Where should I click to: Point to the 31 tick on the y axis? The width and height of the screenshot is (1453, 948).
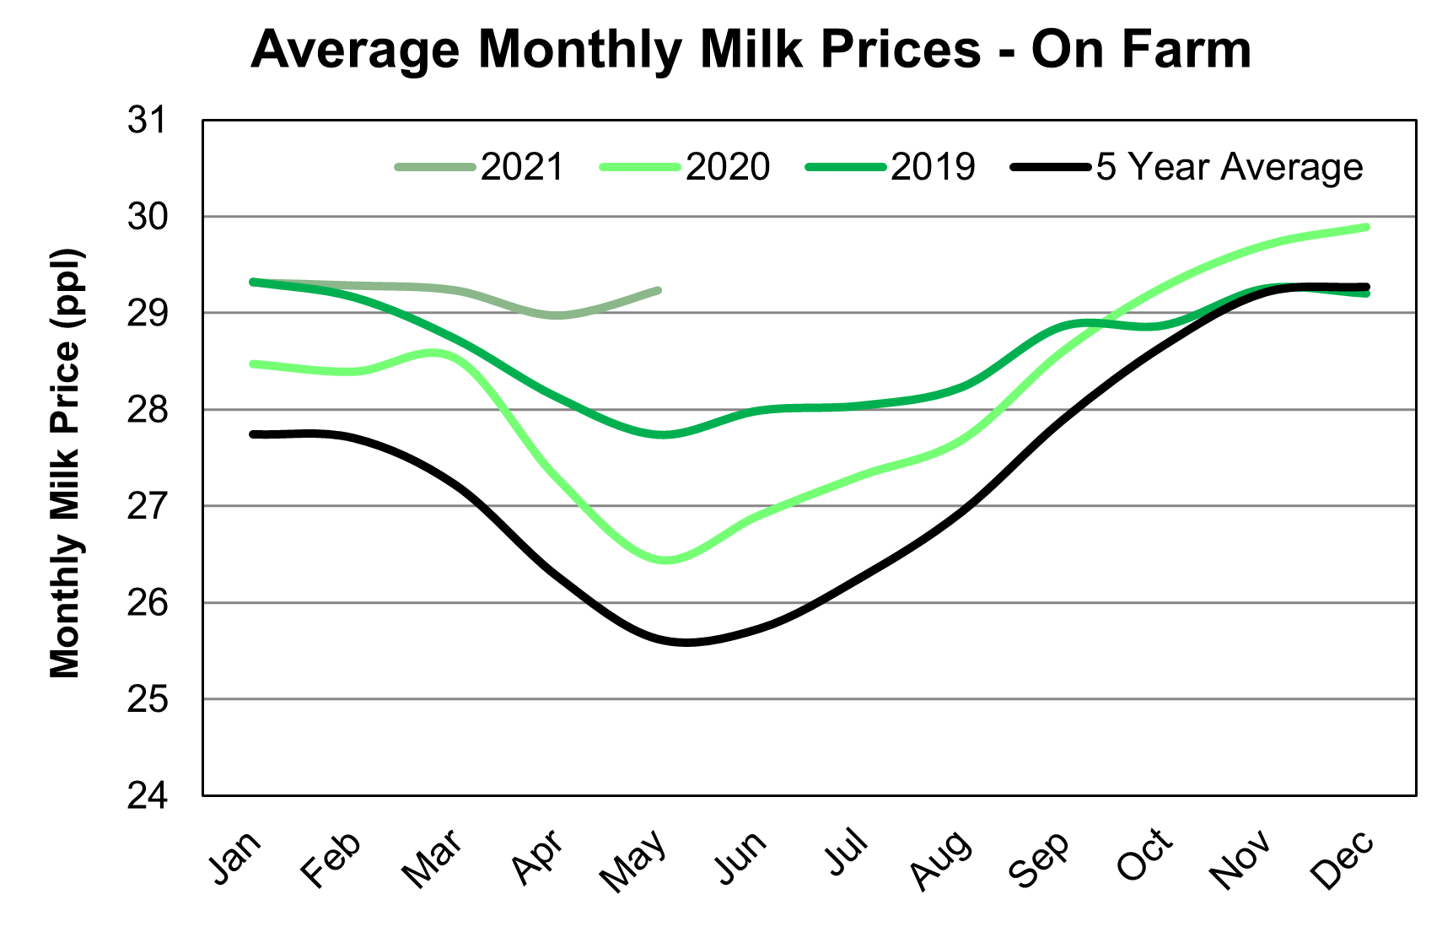tap(148, 121)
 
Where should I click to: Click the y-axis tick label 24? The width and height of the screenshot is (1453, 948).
tap(148, 795)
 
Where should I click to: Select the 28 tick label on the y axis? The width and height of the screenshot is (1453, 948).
tap(148, 410)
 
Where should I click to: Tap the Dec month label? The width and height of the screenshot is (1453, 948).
tap(1343, 859)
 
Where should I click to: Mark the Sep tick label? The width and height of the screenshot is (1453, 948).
tap(1040, 859)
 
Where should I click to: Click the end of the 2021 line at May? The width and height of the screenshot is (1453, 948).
tap(659, 290)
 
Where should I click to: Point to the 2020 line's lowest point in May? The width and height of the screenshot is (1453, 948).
tap(665, 560)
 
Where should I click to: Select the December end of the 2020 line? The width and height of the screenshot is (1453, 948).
tap(1366, 227)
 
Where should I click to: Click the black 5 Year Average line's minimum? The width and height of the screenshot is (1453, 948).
tap(685, 643)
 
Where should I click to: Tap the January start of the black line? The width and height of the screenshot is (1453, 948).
tap(253, 434)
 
